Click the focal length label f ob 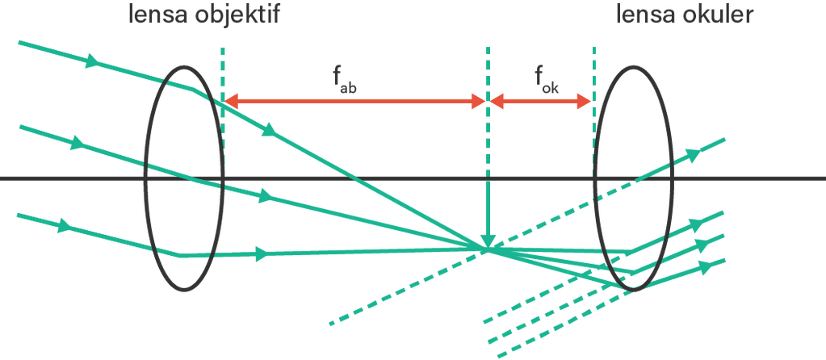pyautogui.click(x=344, y=80)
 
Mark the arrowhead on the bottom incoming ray pyautogui.click(x=65, y=226)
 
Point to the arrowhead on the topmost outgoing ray pyautogui.click(x=693, y=153)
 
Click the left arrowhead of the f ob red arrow pyautogui.click(x=230, y=101)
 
